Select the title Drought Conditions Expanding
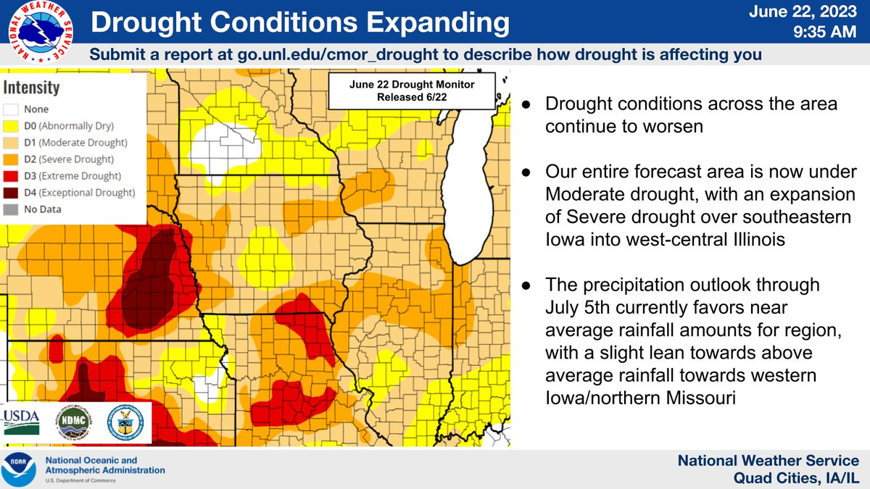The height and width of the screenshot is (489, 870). coord(300,23)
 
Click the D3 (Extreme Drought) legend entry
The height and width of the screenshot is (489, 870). coord(65,176)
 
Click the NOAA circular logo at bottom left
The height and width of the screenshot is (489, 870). coord(20,469)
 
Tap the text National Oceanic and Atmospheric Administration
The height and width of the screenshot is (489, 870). coord(105,465)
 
